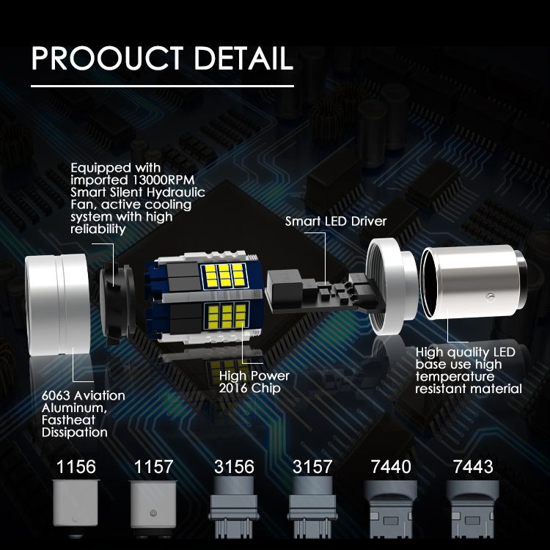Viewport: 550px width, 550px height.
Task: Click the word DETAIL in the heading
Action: (x=243, y=58)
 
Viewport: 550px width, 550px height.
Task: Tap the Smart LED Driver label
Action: (x=336, y=221)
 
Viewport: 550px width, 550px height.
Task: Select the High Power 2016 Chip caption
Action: (x=254, y=381)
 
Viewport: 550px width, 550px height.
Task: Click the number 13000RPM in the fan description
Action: (x=164, y=180)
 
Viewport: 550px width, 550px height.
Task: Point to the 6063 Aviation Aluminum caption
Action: (x=83, y=414)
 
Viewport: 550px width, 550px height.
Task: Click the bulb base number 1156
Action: (x=76, y=467)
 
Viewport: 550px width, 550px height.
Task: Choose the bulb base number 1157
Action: (x=154, y=467)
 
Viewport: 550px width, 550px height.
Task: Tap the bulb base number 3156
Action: (x=234, y=467)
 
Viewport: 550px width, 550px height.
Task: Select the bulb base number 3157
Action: (x=312, y=467)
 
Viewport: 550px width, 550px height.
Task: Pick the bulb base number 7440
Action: (x=391, y=467)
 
